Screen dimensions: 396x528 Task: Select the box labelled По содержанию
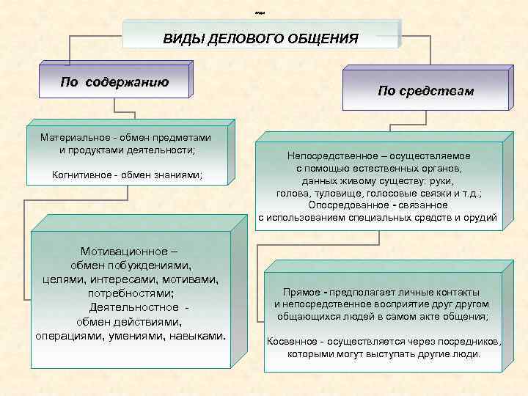114,82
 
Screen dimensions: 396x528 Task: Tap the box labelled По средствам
425,92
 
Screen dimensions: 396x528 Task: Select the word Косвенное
292,342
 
